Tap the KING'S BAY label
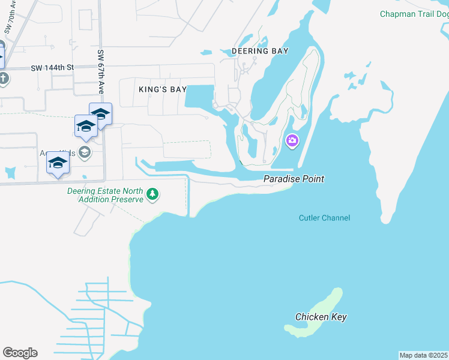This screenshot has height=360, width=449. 163,89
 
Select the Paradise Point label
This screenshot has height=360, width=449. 294,179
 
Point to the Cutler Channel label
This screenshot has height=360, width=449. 324,218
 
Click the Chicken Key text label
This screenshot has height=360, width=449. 321,317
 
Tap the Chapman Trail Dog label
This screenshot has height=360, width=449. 414,14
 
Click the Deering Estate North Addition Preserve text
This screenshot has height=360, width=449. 106,195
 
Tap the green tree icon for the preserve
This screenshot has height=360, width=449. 153,193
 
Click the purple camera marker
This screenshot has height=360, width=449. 292,141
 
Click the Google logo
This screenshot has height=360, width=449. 20,353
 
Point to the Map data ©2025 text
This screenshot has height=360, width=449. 424,355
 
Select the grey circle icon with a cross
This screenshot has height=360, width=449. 3,79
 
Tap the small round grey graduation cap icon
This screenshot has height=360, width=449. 84,152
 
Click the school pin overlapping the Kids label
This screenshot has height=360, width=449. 58,163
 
